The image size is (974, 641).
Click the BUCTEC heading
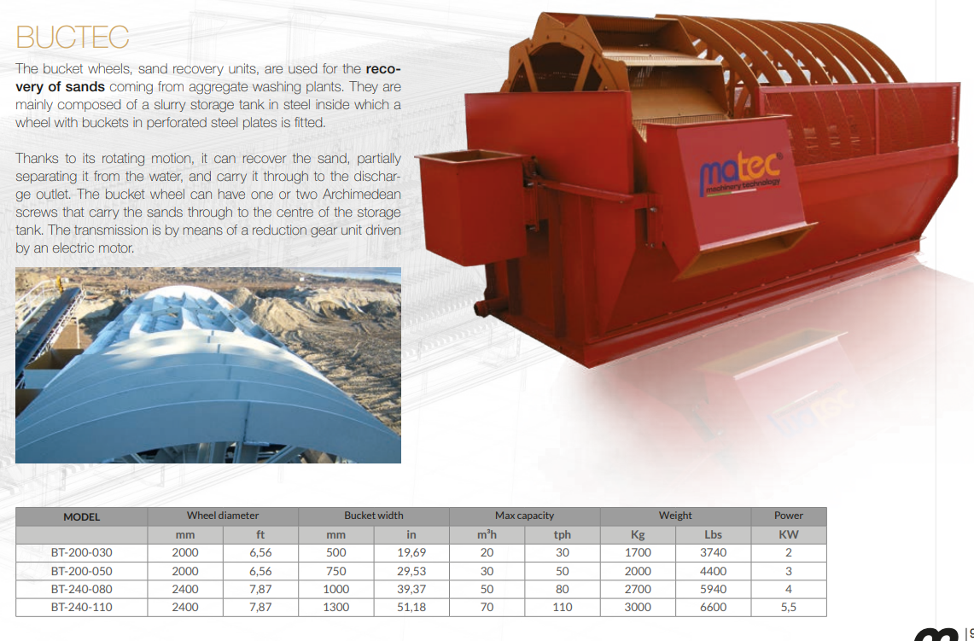coord(72,38)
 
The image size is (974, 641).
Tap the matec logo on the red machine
coord(740,174)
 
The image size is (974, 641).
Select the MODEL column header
coord(81,516)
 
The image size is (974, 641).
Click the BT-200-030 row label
coord(81,553)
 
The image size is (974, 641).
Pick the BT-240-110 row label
coord(81,607)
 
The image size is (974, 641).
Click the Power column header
coord(788,516)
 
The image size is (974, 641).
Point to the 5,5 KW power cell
coord(788,607)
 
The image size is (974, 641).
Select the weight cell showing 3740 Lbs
coord(713,553)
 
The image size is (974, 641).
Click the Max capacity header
coord(524,516)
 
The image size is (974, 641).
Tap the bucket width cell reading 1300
coord(335,607)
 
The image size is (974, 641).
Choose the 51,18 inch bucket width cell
coord(411,607)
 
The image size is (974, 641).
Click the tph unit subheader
coord(563,535)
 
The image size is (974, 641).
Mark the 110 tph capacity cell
coord(563,607)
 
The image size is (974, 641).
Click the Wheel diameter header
coord(223,516)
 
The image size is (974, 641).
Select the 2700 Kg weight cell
coord(638,589)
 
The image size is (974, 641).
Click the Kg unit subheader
coord(638,535)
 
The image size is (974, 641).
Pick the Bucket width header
coord(373,516)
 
